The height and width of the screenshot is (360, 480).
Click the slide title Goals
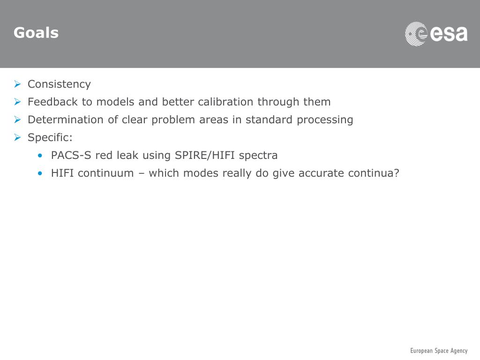(36, 33)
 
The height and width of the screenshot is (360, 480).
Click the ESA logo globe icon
(416, 34)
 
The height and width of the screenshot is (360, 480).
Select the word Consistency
(59, 84)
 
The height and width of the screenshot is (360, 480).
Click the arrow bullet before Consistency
(17, 84)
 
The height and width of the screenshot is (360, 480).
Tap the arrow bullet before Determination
(17, 120)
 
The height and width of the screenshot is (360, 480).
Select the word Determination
(66, 120)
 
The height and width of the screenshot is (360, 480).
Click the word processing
(325, 120)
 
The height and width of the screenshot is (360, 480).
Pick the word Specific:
(50, 138)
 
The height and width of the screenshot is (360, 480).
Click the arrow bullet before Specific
(17, 138)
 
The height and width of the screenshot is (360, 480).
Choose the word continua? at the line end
(374, 173)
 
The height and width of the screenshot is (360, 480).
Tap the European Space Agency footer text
(439, 351)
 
